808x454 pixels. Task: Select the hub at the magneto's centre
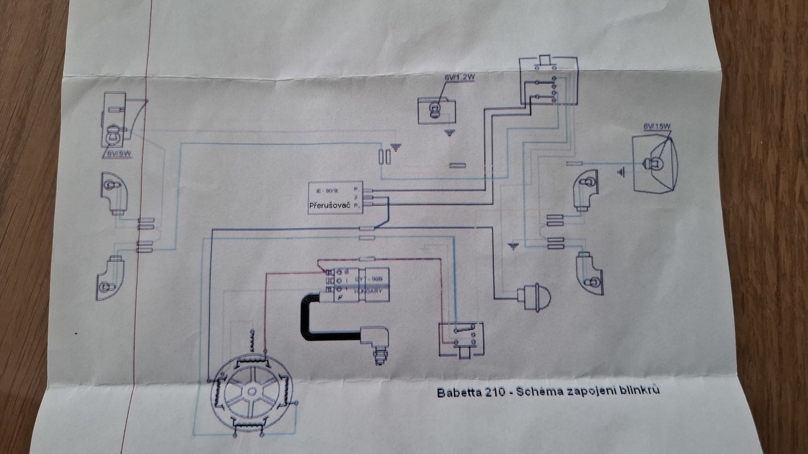251,391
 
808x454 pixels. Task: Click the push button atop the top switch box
545,61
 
